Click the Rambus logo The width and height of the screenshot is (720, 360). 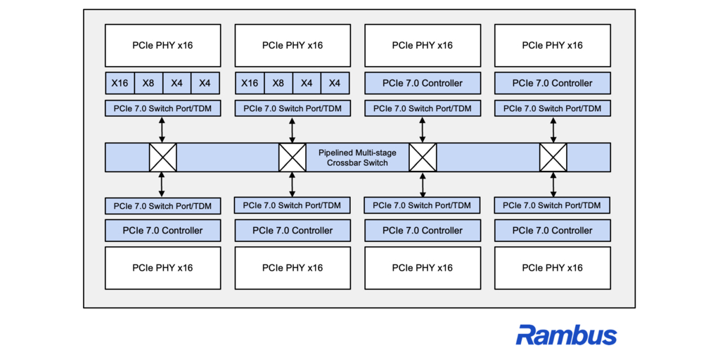(566, 335)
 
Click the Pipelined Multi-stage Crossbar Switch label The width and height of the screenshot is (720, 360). (358, 157)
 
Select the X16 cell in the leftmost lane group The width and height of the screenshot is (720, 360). (120, 83)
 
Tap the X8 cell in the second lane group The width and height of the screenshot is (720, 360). (278, 83)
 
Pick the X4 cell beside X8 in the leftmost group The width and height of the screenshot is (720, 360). (176, 83)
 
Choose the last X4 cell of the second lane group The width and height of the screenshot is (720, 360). (335, 83)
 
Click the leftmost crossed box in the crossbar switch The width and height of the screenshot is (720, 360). (162, 157)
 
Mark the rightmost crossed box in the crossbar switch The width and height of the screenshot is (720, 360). (553, 157)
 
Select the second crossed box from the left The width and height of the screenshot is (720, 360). (292, 157)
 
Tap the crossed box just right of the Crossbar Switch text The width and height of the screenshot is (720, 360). (423, 157)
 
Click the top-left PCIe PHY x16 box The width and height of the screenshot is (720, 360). (162, 46)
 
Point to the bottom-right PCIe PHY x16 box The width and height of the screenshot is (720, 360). (553, 268)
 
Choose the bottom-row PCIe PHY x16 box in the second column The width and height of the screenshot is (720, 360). (292, 268)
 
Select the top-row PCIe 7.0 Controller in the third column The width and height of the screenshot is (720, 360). (423, 83)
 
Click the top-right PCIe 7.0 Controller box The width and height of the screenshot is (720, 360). (553, 83)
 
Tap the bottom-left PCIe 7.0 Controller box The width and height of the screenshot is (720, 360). (162, 230)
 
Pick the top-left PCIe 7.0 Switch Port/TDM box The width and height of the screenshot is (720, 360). (162, 109)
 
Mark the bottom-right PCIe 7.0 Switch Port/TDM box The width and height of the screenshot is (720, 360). (553, 205)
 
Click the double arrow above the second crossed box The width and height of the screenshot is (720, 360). (292, 130)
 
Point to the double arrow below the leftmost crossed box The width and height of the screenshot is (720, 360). (162, 185)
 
